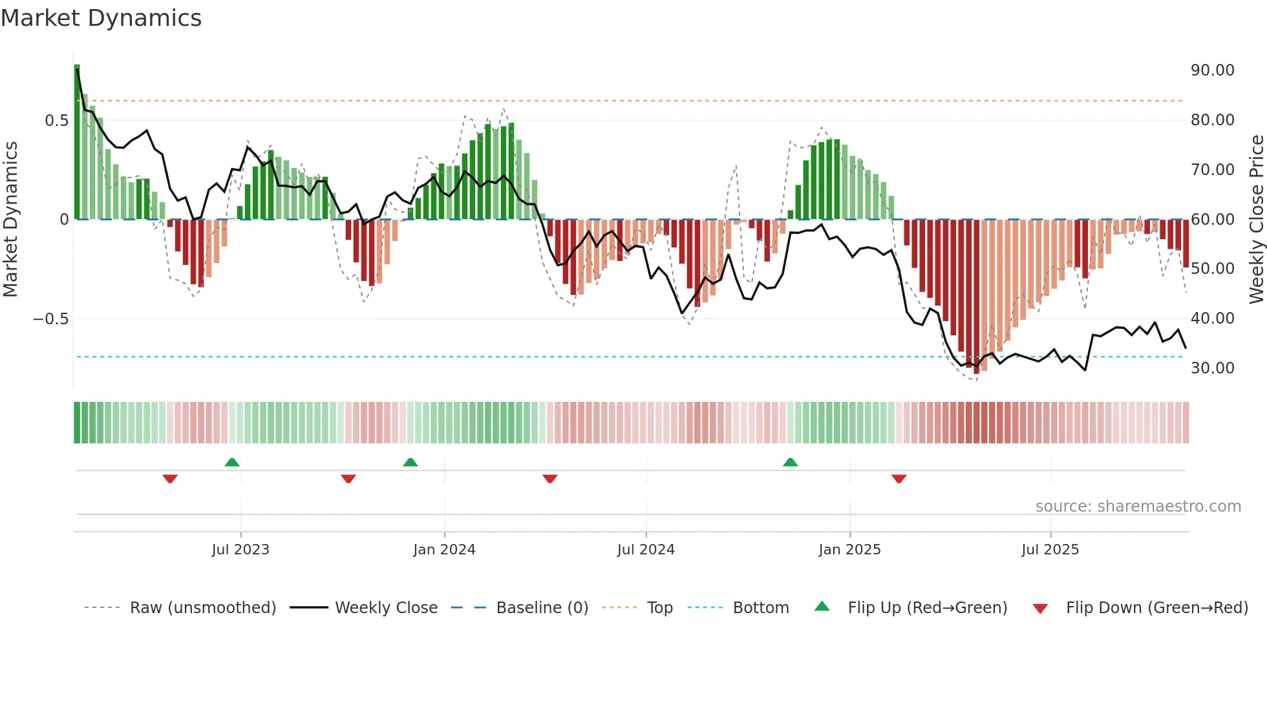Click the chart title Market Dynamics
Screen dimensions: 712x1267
tap(101, 18)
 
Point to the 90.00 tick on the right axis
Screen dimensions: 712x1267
tap(1212, 70)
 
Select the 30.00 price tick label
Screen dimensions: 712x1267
tap(1212, 368)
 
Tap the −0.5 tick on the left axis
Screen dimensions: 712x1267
tap(50, 319)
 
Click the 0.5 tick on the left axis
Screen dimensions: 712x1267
tap(56, 121)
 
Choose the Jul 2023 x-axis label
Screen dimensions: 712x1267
tap(240, 550)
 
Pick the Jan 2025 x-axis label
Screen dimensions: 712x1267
tap(849, 550)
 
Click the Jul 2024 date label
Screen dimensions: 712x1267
tap(646, 550)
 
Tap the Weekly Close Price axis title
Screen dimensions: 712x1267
tap(1256, 220)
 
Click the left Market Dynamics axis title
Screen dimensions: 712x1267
tap(10, 220)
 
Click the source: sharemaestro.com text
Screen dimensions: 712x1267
tap(1138, 507)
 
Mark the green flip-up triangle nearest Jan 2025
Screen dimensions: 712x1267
tap(790, 462)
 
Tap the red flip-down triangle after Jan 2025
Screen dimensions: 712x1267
tap(899, 479)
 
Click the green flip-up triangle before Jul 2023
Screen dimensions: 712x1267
tap(232, 462)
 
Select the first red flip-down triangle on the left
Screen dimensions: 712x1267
tap(170, 479)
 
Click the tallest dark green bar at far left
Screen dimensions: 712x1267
tap(77, 142)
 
